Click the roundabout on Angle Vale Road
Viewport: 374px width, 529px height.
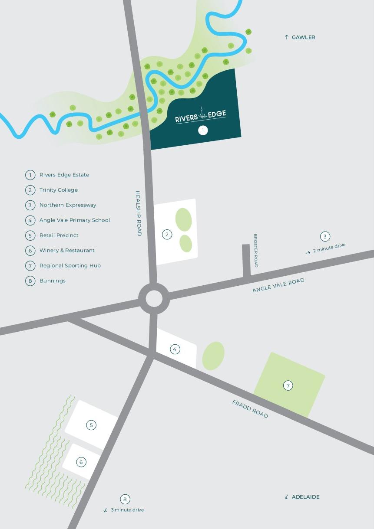pos(154,299)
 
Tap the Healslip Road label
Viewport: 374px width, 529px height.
pos(139,213)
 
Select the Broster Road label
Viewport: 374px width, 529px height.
pos(256,250)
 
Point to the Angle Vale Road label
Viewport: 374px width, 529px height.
pos(278,285)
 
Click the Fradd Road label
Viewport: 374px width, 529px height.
pos(250,409)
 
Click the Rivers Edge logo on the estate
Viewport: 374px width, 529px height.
pos(201,116)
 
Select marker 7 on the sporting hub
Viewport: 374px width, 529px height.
pos(288,385)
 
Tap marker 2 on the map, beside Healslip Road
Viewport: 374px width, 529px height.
pos(167,235)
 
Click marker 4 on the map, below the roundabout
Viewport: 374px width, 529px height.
pos(175,349)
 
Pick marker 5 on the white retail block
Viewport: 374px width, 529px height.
pos(91,425)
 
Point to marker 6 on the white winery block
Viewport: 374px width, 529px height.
pos(81,462)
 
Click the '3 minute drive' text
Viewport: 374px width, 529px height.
pos(127,510)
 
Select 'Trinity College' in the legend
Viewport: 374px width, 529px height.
pos(59,190)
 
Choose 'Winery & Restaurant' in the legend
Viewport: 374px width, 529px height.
pos(67,250)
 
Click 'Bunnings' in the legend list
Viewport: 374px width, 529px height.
pos(53,281)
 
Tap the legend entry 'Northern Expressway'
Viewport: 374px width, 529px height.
pos(68,205)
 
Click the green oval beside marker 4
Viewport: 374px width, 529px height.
pos(213,356)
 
